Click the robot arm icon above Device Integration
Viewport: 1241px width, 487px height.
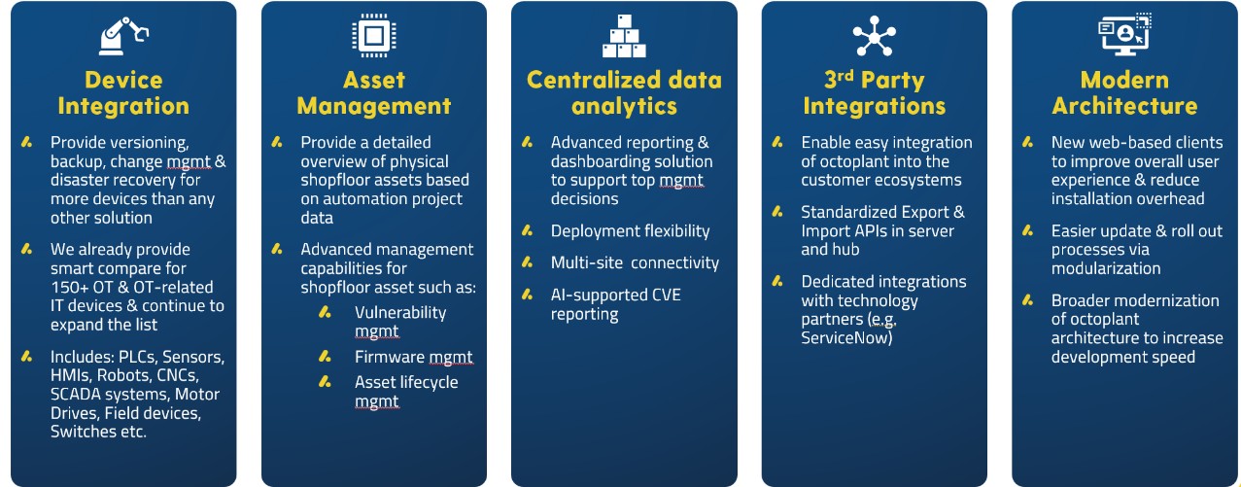click(123, 36)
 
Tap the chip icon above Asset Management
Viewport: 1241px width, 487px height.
click(374, 35)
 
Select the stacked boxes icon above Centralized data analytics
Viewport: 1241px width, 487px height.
click(624, 36)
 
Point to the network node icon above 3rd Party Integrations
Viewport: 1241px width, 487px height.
click(875, 36)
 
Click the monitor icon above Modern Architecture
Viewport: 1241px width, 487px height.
click(1124, 34)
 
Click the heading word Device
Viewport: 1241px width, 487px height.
click(123, 80)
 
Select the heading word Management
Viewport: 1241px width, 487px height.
click(374, 106)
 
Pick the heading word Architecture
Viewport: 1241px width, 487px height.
click(1124, 106)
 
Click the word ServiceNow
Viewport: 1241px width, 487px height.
click(846, 337)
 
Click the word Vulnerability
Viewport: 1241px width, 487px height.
click(400, 312)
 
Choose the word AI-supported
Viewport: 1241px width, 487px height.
click(599, 295)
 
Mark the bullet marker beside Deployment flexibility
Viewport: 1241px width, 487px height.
click(528, 230)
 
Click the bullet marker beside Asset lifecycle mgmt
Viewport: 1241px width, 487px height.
click(325, 382)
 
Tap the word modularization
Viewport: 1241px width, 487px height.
click(1106, 268)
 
